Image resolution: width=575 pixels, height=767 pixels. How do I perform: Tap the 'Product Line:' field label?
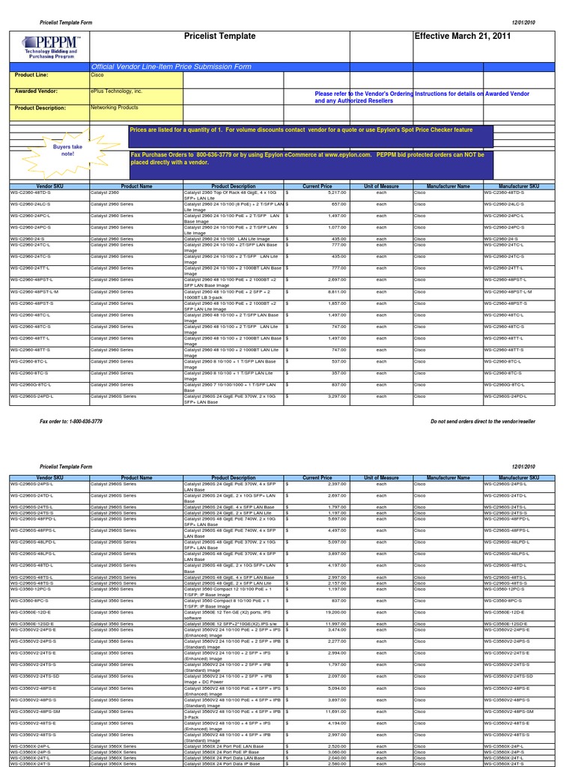(x=31, y=76)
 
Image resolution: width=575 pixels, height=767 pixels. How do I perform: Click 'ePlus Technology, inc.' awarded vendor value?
(x=117, y=91)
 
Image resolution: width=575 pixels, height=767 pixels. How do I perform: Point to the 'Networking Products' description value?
(x=115, y=108)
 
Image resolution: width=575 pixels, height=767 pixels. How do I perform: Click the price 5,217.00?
(x=334, y=192)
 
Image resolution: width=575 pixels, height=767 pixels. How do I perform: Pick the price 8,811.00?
(x=334, y=291)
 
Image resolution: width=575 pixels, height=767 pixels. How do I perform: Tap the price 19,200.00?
(x=333, y=612)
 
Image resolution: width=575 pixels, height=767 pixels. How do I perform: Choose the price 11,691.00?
(x=333, y=711)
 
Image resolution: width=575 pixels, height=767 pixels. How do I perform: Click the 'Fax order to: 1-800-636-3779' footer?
(x=71, y=422)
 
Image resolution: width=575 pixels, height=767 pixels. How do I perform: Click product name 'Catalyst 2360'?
(x=107, y=192)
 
